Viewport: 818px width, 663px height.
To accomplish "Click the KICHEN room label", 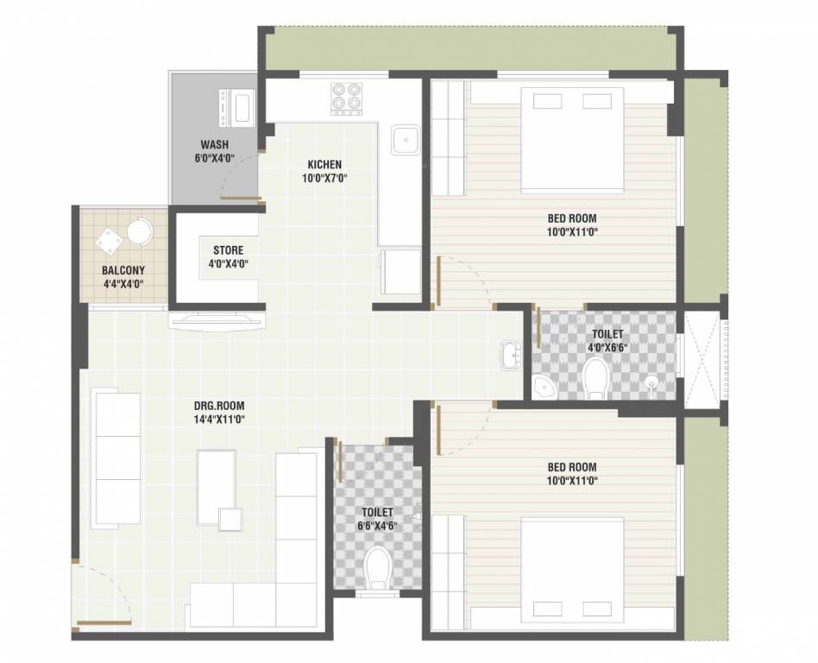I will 324,164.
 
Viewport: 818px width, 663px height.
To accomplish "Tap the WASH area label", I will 214,144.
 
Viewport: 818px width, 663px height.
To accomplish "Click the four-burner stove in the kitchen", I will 347,97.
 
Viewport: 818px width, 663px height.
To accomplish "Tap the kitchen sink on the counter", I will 405,139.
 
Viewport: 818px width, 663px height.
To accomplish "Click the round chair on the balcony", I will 140,231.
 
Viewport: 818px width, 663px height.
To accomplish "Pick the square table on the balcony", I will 109,241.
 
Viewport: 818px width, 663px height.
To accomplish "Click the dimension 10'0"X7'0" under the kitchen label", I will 324,179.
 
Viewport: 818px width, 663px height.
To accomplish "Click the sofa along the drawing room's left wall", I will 116,458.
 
